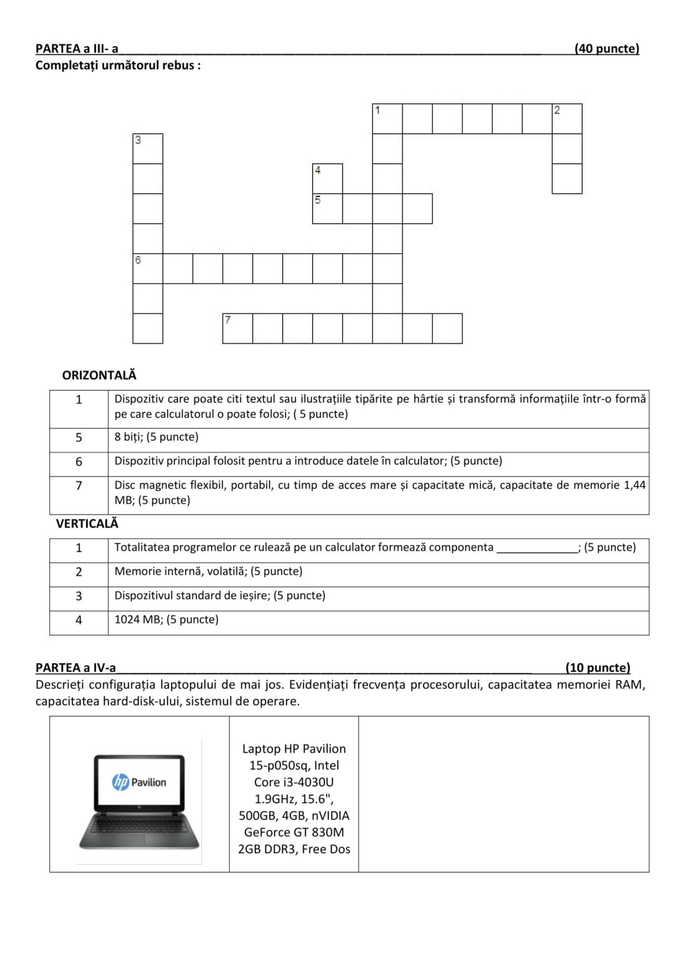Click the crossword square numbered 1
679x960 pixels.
pyautogui.click(x=387, y=119)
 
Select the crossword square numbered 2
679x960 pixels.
pyautogui.click(x=567, y=119)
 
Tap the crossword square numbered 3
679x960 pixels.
pyautogui.click(x=148, y=149)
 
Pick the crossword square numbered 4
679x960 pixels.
pyautogui.click(x=327, y=179)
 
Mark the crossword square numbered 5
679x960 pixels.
pyautogui.click(x=327, y=209)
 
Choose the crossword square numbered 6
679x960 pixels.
pyautogui.click(x=148, y=269)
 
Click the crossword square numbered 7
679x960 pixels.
pyautogui.click(x=237, y=329)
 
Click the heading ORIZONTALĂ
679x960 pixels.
pyautogui.click(x=99, y=376)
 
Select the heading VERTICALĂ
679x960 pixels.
pyautogui.click(x=87, y=524)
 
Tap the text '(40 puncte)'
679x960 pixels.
pyautogui.click(x=607, y=49)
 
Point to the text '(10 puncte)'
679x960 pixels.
pyautogui.click(x=598, y=667)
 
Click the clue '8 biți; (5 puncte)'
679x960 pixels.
pyautogui.click(x=156, y=437)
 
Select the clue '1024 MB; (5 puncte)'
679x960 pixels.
pyautogui.click(x=166, y=620)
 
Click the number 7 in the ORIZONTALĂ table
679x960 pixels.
pyautogui.click(x=79, y=486)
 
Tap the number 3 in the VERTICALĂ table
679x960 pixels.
pyautogui.click(x=79, y=596)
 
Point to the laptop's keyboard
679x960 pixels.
pyautogui.click(x=139, y=824)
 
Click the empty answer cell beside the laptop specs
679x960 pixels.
pyautogui.click(x=503, y=794)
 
